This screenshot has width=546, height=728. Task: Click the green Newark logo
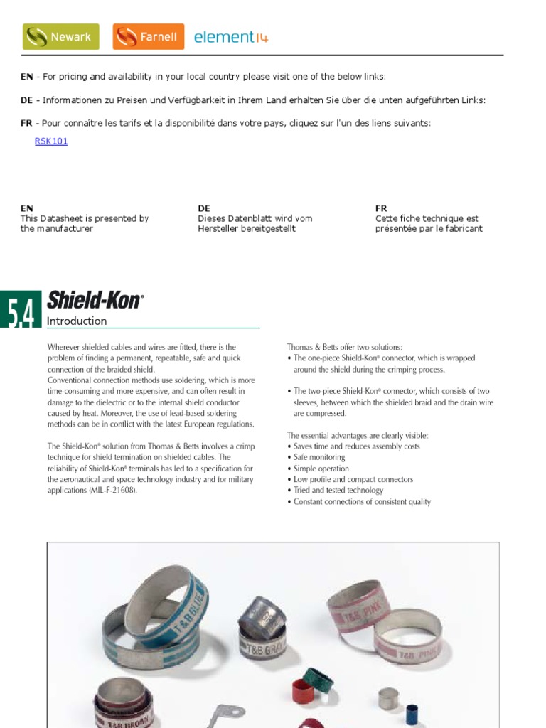[x=61, y=37]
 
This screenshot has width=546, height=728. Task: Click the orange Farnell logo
[x=148, y=37]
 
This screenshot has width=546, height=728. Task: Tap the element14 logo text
[x=231, y=38]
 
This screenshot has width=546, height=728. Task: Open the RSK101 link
[x=51, y=141]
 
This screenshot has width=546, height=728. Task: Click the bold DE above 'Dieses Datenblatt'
[x=204, y=208]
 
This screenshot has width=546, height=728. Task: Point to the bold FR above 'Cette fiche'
[x=381, y=208]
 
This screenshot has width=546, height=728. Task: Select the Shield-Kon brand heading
[x=95, y=301]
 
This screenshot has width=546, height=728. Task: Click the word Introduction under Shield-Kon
[x=77, y=321]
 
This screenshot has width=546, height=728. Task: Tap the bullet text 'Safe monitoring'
[x=319, y=457]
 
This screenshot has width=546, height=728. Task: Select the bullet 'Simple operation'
[x=321, y=469]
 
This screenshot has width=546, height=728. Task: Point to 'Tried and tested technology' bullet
[x=338, y=491]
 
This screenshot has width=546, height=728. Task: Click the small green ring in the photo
[x=317, y=681]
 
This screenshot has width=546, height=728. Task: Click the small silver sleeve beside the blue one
[x=387, y=699]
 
